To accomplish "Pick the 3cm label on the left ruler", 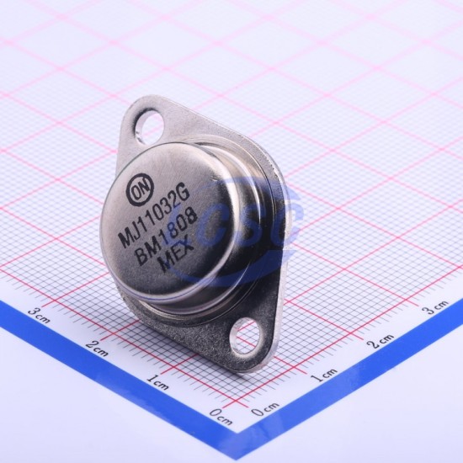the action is tap(39, 315).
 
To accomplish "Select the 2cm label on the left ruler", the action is tap(97, 349).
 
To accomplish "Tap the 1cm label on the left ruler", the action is tap(158, 382).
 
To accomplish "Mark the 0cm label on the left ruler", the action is tap(221, 417).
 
